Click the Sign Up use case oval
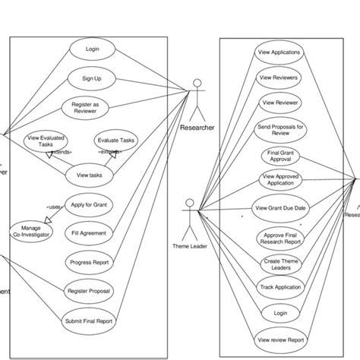tap(93, 78)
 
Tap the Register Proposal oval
tap(89, 292)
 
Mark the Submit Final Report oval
tap(89, 321)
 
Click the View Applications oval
tap(279, 52)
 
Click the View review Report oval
tap(280, 339)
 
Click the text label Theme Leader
tap(190, 245)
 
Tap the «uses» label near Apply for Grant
tap(54, 206)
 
